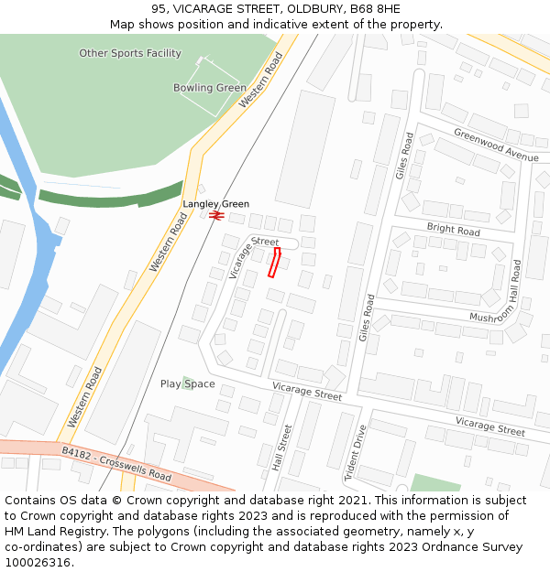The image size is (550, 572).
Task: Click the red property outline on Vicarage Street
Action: click(x=272, y=262)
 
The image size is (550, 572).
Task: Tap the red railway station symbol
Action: click(x=216, y=215)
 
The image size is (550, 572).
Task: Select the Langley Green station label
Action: click(x=215, y=204)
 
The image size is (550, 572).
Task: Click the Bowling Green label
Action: click(x=210, y=88)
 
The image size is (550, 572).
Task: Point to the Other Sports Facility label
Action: click(x=130, y=53)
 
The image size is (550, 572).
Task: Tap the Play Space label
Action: click(x=187, y=383)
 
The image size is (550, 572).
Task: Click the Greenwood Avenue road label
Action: click(x=496, y=145)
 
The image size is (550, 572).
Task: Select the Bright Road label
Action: click(x=453, y=229)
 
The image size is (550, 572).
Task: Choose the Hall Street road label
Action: click(x=281, y=448)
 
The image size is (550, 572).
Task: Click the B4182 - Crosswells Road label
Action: click(x=116, y=464)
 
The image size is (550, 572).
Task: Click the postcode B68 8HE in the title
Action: click(x=377, y=9)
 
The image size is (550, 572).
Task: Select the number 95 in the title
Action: click(x=158, y=9)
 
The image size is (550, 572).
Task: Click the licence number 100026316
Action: click(x=37, y=562)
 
